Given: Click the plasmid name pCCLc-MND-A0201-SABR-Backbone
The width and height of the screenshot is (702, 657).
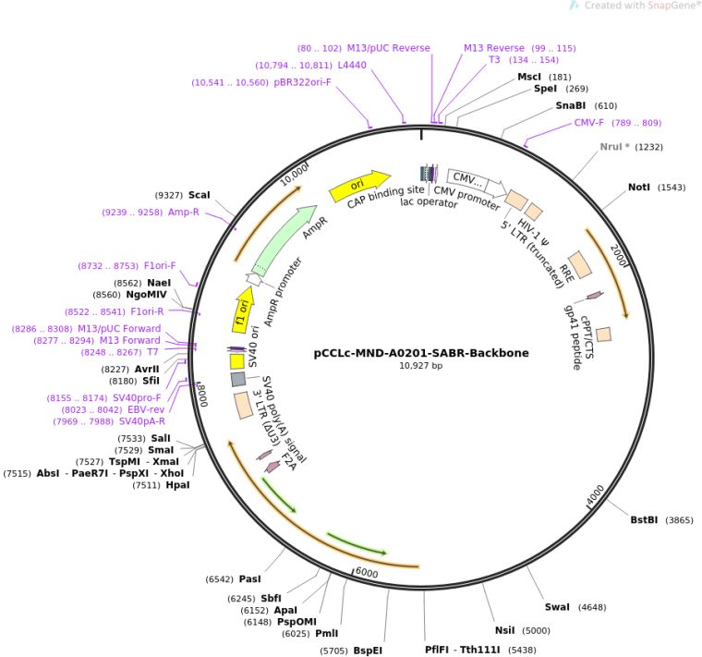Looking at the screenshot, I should coord(421,352).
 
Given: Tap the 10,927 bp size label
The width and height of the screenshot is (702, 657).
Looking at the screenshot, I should coord(421,366).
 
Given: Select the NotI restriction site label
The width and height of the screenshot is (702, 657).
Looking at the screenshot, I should coord(639,188).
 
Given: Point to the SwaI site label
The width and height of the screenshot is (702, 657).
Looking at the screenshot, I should coord(557,607).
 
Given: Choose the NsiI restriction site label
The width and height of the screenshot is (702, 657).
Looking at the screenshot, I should coord(504,631).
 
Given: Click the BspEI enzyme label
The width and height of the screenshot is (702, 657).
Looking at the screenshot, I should coord(368,651).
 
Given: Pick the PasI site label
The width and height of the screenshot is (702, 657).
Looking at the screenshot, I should coord(249,579).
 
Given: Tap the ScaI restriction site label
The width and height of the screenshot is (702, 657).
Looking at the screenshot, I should coord(199,195).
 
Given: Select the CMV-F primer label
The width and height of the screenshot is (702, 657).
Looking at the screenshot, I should coord(588,123).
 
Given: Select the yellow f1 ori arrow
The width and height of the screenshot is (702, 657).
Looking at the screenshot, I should coord(242,310).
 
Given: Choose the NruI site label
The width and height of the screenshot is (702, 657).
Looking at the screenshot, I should coord(613,147).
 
